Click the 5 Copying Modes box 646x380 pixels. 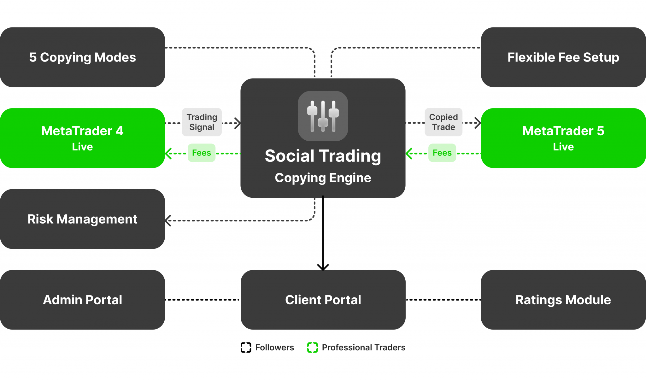pos(82,57)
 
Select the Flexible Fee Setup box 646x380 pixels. pos(563,57)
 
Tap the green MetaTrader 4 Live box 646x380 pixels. pos(82,138)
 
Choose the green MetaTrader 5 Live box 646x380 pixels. pos(563,138)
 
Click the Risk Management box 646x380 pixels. pos(82,219)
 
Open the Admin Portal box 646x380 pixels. pos(82,300)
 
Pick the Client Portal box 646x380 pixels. pos(323,300)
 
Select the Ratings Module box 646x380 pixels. pos(563,300)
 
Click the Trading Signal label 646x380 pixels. pos(202,122)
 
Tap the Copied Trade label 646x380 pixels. pos(443,122)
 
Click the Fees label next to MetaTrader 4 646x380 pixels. pos(202,153)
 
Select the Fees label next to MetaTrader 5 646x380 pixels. pos(442,153)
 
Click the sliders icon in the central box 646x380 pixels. pos(323,116)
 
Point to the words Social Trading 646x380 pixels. pos(323,156)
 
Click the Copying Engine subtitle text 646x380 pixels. pos(323,178)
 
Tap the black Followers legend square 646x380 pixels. pos(246,348)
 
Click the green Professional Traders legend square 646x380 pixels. pos(313,348)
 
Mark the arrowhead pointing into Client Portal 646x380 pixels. pos(323,267)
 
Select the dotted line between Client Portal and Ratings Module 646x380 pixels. pos(443,300)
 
